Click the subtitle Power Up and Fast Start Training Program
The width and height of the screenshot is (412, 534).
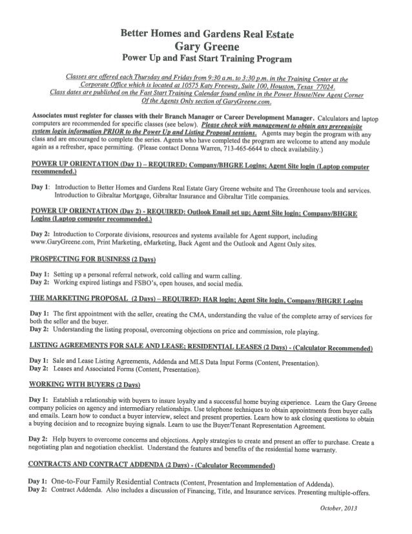pyautogui.click(x=205, y=59)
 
